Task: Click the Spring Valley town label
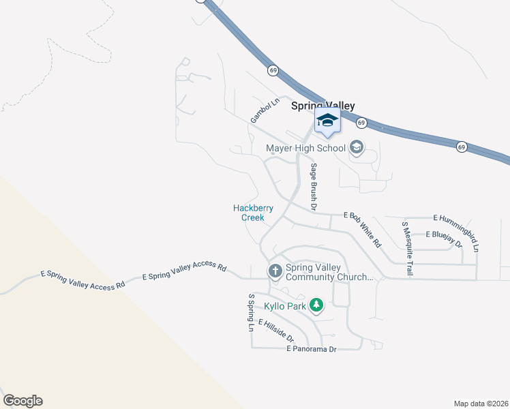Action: pos(323,106)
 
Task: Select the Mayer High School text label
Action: pos(305,147)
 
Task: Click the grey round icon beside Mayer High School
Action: pos(355,147)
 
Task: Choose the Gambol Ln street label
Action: pos(265,111)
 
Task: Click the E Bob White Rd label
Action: pos(363,229)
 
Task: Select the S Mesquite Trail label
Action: pos(407,248)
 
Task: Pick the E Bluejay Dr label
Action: pos(444,239)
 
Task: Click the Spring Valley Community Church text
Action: pos(329,272)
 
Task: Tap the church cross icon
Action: pos(275,271)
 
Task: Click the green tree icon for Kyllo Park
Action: pos(316,305)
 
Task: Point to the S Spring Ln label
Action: pos(251,313)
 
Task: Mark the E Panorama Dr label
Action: pos(312,349)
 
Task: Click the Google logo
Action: pos(22,401)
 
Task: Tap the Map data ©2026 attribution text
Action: pos(481,403)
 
